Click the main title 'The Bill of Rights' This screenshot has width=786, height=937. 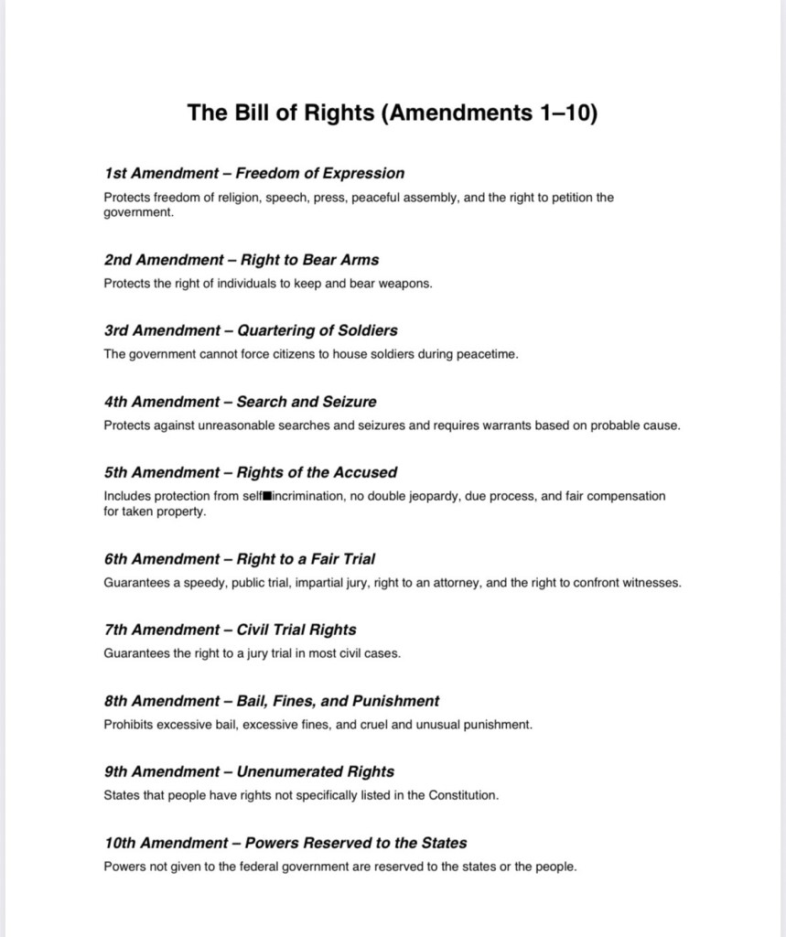coord(393,113)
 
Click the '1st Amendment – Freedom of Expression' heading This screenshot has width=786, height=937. coord(253,173)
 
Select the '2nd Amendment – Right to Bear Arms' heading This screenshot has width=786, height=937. coord(241,260)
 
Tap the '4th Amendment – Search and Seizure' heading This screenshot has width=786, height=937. coord(240,402)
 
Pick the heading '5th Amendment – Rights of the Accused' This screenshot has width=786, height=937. coord(250,473)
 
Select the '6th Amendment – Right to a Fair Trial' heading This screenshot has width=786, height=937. coord(239,559)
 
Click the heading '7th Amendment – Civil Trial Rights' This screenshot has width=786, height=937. coord(230,630)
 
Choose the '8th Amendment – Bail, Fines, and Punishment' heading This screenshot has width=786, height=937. coord(271,701)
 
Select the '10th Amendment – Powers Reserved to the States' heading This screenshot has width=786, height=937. coord(285,843)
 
